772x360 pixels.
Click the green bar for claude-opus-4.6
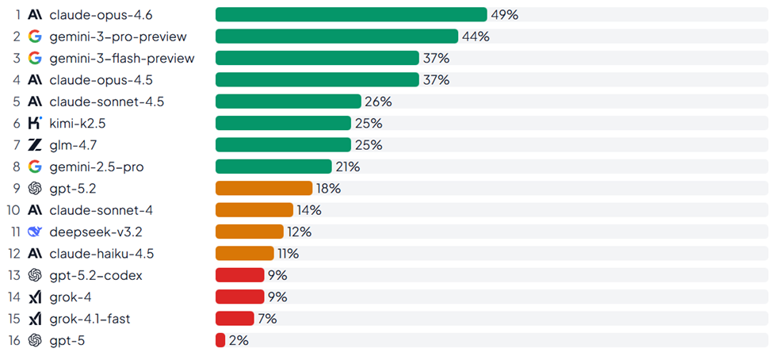tap(351, 14)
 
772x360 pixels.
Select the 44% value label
tap(476, 36)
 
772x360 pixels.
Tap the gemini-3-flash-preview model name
tap(121, 58)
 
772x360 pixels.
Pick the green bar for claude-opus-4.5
tap(317, 79)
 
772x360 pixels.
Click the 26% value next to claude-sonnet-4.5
tap(378, 101)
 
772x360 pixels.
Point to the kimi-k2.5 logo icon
tap(34, 123)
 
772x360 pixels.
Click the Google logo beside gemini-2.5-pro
tap(34, 167)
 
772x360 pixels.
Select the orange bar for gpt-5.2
tap(264, 188)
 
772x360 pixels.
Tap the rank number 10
tap(13, 210)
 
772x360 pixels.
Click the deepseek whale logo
tap(34, 232)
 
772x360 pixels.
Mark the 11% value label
tap(288, 254)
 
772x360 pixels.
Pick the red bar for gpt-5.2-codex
tap(239, 275)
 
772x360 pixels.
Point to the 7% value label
tap(267, 319)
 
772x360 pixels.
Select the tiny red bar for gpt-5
tap(220, 340)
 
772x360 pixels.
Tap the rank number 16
tap(13, 340)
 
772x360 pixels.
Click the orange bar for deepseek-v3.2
tap(249, 232)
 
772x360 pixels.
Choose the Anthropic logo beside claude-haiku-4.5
tap(34, 254)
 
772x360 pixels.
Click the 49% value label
tap(504, 14)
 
